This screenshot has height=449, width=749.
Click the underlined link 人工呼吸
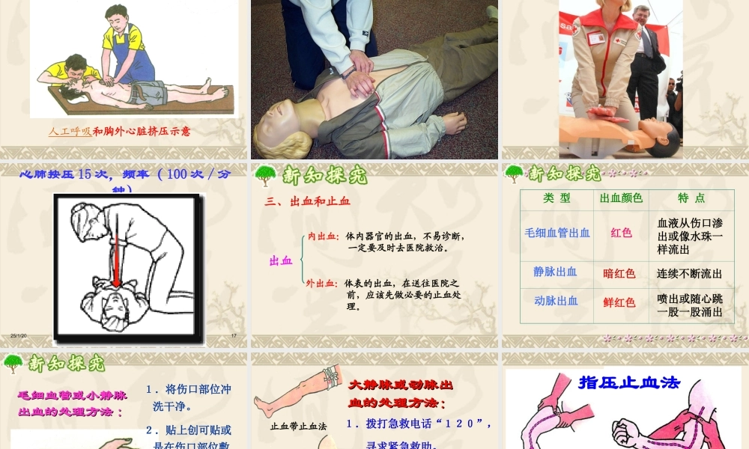pyautogui.click(x=70, y=131)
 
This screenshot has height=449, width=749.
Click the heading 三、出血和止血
pyautogui.click(x=307, y=201)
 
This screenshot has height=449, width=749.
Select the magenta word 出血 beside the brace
pyautogui.click(x=281, y=260)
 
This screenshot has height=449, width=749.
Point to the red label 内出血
pyautogui.click(x=324, y=236)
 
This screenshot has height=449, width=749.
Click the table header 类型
pyautogui.click(x=557, y=198)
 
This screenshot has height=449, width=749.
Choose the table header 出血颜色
pyautogui.click(x=621, y=198)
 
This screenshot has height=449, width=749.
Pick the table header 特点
pyautogui.click(x=691, y=198)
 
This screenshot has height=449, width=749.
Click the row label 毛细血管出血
pyautogui.click(x=557, y=233)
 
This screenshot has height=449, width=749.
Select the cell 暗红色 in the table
pyautogui.click(x=619, y=273)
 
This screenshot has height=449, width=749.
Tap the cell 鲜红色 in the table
pyautogui.click(x=619, y=302)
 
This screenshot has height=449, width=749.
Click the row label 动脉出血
pyautogui.click(x=557, y=301)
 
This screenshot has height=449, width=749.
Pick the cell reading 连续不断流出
pyautogui.click(x=690, y=273)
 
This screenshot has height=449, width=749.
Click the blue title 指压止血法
pyautogui.click(x=629, y=382)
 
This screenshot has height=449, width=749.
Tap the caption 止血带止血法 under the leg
pyautogui.click(x=298, y=426)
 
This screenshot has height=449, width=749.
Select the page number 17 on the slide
pyautogui.click(x=234, y=335)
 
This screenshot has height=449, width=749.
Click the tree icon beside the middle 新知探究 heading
pyautogui.click(x=265, y=175)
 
